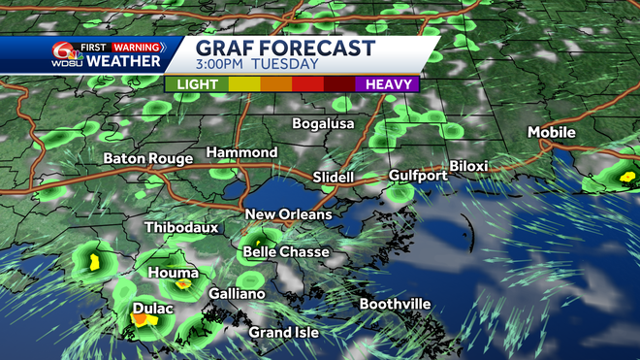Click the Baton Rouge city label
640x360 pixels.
point(148,158)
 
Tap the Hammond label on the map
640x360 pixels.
point(241,152)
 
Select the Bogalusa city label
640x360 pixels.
point(325,124)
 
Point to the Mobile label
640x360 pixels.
point(552,132)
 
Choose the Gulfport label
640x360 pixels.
point(418,176)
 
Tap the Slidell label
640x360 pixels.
point(334,178)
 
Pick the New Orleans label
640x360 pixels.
point(288,214)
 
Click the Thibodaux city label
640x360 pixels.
point(181,228)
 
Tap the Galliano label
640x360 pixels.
point(237,294)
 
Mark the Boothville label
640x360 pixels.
point(395,305)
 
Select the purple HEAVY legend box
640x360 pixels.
point(387,84)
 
